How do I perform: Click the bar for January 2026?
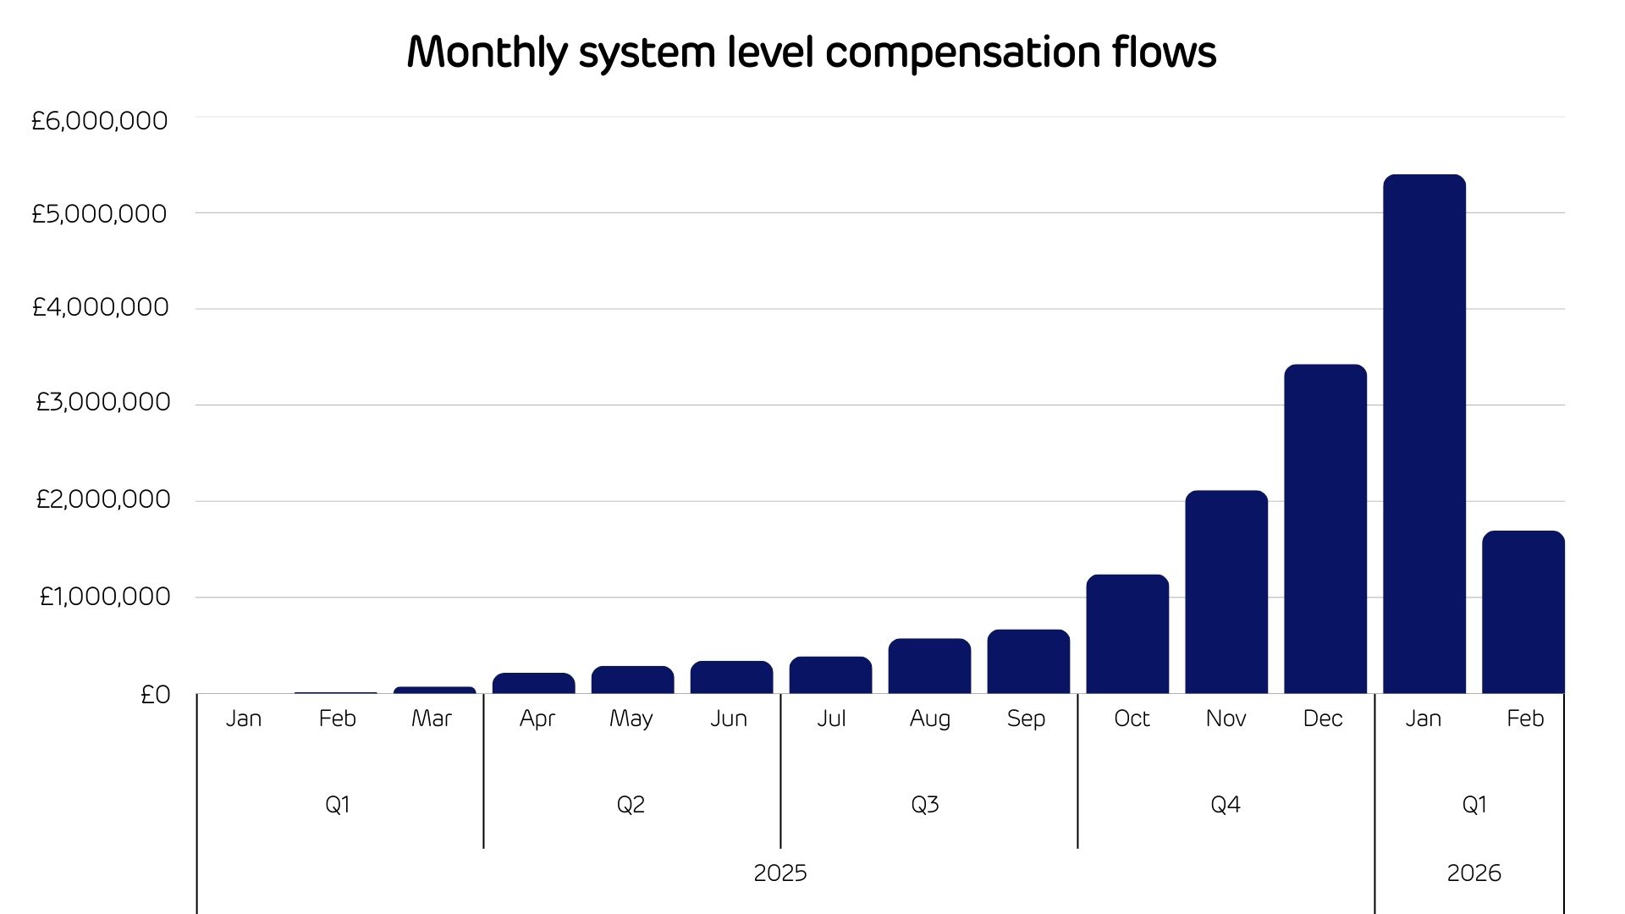(1424, 434)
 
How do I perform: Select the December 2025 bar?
(1325, 529)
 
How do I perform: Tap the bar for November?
(1226, 592)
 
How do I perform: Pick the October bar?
(1127, 634)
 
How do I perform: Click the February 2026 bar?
(1523, 612)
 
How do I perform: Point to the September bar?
(1028, 662)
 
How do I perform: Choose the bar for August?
(929, 666)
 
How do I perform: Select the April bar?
(533, 684)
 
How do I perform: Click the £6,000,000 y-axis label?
(100, 121)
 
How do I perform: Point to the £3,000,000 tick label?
(102, 402)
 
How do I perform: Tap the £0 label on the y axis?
(155, 695)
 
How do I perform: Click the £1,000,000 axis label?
(104, 597)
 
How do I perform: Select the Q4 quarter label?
(1226, 804)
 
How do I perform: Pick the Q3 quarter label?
(925, 804)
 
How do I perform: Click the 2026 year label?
(1474, 873)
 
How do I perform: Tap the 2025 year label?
(780, 873)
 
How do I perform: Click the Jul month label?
(831, 719)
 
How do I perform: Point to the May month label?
(631, 719)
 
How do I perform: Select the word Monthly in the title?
(487, 52)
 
